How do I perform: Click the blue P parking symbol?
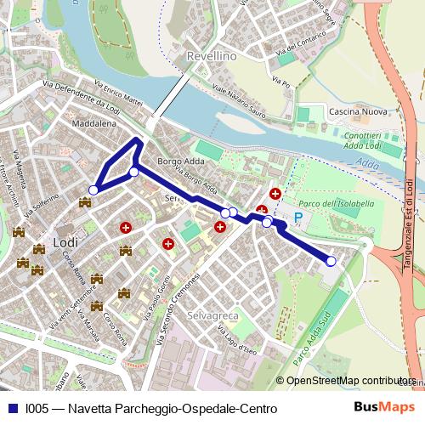click(297, 218)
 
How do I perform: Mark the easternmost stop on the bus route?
click(331, 261)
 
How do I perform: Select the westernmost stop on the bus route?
click(93, 190)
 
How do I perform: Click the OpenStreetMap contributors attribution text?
click(350, 381)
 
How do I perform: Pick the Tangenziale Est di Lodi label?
click(409, 220)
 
